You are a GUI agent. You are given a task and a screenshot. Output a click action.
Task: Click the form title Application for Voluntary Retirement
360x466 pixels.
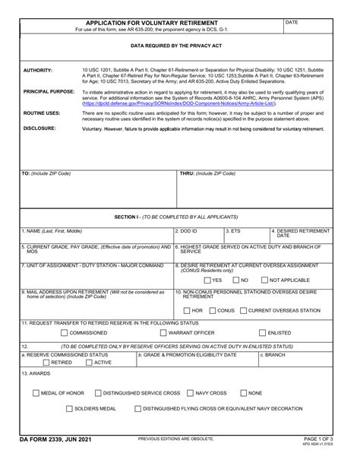(x=151, y=24)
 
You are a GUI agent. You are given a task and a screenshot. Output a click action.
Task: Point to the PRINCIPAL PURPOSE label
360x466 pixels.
(x=48, y=91)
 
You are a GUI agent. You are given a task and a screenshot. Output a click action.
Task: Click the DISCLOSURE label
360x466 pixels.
(x=39, y=128)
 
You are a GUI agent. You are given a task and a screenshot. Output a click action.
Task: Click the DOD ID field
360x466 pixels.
(x=198, y=235)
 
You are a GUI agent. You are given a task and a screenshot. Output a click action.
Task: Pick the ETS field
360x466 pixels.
(x=247, y=235)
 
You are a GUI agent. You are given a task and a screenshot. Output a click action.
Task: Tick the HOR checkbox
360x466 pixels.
(x=186, y=310)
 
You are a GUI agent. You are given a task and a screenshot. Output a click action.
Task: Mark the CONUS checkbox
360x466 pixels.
(x=212, y=310)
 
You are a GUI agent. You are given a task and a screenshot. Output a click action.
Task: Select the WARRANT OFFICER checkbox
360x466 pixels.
(x=163, y=332)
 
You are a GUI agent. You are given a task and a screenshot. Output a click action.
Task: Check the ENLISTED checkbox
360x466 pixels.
(x=262, y=332)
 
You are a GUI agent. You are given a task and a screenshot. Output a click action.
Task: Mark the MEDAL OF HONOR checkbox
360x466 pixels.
(x=36, y=393)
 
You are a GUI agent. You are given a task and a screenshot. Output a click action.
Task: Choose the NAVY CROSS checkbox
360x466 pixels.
(x=190, y=393)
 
